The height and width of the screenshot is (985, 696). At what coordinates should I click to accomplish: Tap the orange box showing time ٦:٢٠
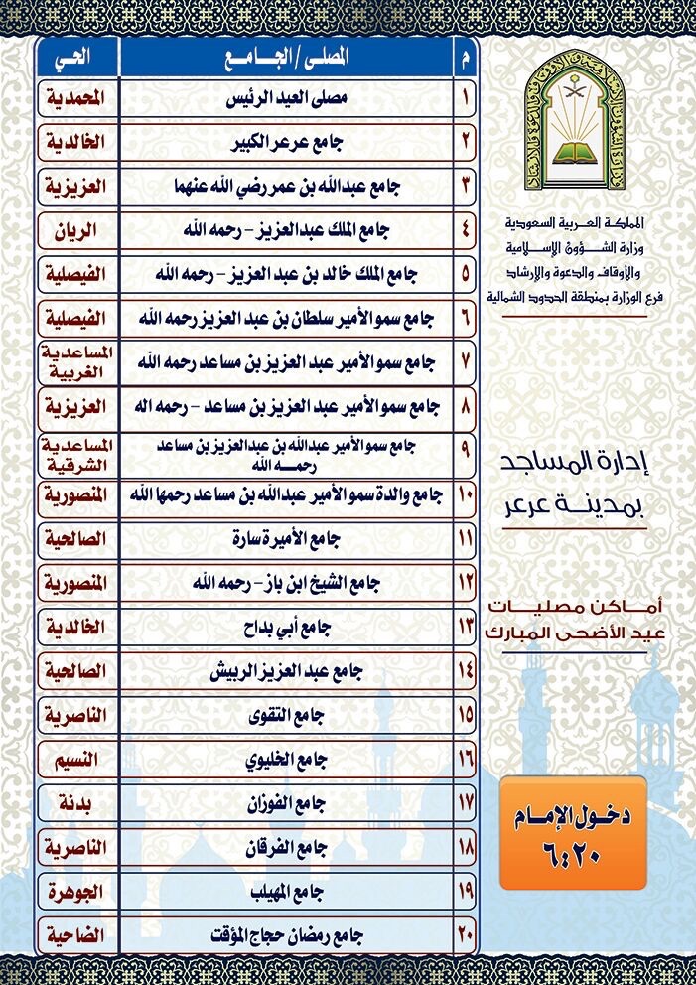tap(573, 832)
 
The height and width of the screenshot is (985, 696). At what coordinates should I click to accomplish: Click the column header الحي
tap(76, 58)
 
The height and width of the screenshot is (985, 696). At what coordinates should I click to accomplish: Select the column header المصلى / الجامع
tap(286, 58)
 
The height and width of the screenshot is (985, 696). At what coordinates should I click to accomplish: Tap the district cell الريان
tap(76, 231)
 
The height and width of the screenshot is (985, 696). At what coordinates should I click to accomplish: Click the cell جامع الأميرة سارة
tap(286, 540)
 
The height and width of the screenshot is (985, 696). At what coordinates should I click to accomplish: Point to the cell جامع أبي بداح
tap(286, 628)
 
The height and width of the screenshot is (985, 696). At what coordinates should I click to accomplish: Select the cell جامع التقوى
tap(286, 715)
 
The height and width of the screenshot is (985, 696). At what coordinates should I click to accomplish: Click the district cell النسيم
tap(76, 761)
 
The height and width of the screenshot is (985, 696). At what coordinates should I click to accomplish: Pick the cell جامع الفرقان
tap(286, 848)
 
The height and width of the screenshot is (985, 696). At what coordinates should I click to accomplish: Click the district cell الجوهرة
tap(76, 892)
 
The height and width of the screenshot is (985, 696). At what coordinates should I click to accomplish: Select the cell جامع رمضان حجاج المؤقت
tap(286, 935)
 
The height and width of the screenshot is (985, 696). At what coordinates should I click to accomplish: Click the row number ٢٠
tap(465, 935)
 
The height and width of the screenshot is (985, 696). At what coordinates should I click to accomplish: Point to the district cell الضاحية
tap(76, 935)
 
